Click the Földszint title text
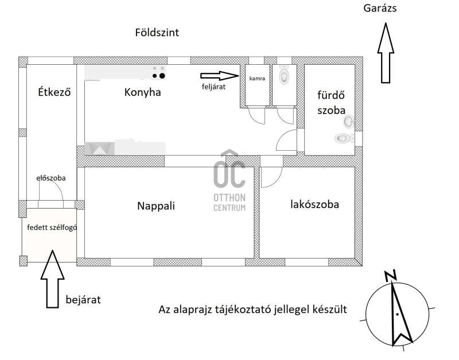pos(157,32)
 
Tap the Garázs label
pos(380,8)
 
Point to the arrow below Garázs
pos(386,53)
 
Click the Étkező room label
pos(55,92)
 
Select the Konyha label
pos(142,92)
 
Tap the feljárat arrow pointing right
pos(220,76)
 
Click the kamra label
pos(257,79)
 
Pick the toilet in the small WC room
pos(284,75)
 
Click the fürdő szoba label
pos(331,103)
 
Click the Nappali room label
pos(156,206)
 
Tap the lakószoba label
pos(314,204)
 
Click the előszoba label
pos(51,178)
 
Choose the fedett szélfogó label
pos(52,227)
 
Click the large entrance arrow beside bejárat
pos(52,279)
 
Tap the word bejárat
pos(83,300)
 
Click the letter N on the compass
pos(391,276)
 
